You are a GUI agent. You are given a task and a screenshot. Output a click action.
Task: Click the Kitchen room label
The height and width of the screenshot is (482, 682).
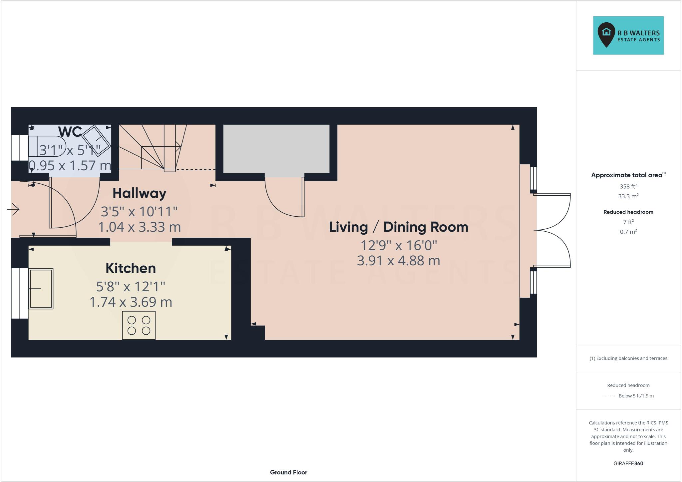click(x=131, y=268)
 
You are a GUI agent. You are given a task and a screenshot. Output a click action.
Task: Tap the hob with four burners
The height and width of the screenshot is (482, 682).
click(x=139, y=325)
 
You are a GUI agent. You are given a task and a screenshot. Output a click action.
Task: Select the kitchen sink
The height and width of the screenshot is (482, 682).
click(x=41, y=288)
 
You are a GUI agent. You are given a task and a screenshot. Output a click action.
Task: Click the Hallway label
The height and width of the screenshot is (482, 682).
click(x=139, y=193)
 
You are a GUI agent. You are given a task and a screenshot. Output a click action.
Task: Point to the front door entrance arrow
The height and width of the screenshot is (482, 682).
click(x=13, y=209)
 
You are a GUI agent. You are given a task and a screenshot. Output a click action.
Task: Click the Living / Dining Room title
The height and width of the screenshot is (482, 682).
click(x=398, y=227)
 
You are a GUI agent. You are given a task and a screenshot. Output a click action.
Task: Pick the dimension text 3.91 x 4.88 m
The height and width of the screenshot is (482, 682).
click(x=398, y=261)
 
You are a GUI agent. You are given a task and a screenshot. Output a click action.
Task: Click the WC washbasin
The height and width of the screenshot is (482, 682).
click(x=96, y=141)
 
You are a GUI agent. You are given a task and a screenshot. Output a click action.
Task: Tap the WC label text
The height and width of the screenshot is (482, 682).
click(x=70, y=132)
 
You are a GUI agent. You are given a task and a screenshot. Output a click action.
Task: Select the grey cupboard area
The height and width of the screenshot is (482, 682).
click(x=276, y=149)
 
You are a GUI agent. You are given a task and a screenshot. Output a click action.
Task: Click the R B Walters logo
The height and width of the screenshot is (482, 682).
click(x=628, y=35)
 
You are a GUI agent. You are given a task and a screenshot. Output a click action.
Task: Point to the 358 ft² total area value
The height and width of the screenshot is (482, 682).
click(x=628, y=186)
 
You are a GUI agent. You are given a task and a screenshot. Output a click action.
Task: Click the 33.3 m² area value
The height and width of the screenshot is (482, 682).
click(x=628, y=196)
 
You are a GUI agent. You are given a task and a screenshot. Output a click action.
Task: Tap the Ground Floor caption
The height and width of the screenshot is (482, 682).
click(x=288, y=472)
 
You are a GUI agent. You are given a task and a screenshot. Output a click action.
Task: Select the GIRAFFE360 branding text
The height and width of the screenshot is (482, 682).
click(x=628, y=463)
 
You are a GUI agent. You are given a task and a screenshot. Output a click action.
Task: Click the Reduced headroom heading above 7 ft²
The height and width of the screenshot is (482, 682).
click(x=628, y=212)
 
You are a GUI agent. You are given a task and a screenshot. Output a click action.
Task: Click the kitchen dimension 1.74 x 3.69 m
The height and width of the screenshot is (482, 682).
click(x=131, y=302)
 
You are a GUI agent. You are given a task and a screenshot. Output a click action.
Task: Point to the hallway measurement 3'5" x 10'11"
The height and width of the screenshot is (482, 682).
click(x=139, y=211)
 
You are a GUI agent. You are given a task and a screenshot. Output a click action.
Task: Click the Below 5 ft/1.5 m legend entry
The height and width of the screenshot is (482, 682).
click(x=636, y=396)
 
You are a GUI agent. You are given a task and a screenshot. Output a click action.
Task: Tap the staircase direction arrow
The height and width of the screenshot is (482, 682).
click(x=178, y=146)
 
